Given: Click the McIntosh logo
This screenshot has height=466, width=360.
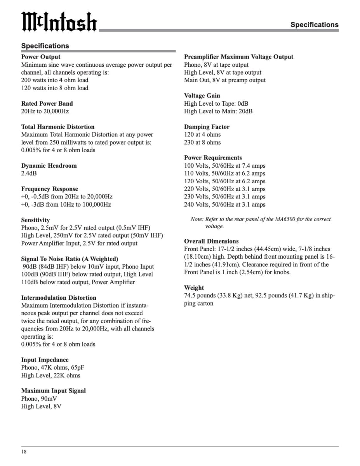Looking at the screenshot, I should coord(59,22).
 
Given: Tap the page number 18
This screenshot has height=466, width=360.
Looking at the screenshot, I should coord(24,452).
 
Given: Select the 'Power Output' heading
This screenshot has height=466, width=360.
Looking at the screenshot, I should coord(41,57).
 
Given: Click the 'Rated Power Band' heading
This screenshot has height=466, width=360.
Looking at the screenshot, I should coord(47,103).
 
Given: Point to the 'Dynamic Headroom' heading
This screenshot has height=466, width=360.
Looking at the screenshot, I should coord(49,165).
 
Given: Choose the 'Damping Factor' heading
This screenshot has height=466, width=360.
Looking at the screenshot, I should coord(207,127).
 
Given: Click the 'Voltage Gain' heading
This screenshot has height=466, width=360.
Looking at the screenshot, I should coord(202,96).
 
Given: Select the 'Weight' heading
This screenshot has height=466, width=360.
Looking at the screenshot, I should coord(194,288).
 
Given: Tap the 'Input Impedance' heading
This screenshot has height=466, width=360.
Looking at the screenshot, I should coord(45,360).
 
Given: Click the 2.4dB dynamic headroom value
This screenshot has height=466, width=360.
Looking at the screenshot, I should coord(29,173).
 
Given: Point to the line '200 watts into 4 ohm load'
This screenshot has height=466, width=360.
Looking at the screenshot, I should coord(55,80).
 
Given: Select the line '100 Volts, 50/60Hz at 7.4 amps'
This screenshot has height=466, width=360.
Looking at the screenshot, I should coord(225,165).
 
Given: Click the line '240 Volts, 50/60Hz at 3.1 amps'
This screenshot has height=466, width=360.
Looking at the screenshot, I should coord(225,204).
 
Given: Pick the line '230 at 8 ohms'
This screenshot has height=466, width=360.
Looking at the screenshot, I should coord(202,142).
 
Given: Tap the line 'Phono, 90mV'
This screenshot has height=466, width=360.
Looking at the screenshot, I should coord(39,398).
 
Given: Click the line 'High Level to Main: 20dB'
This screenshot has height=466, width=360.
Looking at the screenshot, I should coord(218,111).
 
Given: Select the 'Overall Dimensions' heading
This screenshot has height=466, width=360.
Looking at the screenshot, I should coord(211,241).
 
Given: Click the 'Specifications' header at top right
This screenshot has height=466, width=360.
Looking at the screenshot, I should coord(314,24).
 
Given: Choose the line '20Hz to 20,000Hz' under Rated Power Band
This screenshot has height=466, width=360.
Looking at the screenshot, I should coord(45,111).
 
